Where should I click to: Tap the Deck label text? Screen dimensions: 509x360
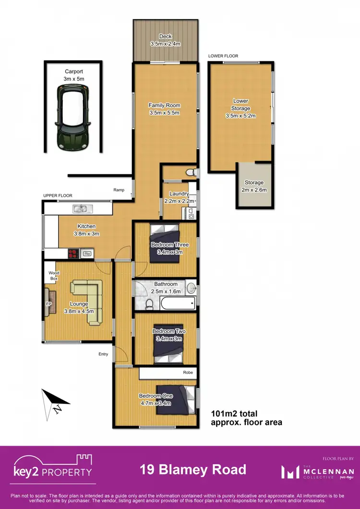166,36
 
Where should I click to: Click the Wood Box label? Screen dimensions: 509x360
53,275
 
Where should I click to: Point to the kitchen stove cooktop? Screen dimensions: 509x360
72,253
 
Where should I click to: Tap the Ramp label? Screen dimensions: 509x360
119,190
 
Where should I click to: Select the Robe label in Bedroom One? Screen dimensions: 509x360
188,372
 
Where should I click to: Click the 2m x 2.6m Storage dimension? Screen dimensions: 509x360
254,190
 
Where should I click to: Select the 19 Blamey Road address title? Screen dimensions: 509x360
193,469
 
